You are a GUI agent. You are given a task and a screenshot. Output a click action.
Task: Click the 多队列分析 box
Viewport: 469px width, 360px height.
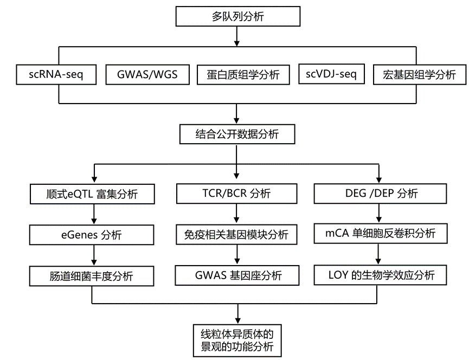[237, 16]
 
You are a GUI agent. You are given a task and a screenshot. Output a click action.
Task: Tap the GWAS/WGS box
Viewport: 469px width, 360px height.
[147, 74]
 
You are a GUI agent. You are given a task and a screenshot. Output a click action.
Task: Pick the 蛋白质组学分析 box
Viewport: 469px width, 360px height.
[239, 75]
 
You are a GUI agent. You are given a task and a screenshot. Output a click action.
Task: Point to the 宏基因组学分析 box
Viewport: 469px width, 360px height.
[420, 75]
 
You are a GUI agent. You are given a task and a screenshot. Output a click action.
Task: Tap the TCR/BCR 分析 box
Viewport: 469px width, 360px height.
[237, 194]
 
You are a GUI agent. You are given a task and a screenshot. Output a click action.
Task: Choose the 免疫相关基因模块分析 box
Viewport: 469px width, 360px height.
[237, 235]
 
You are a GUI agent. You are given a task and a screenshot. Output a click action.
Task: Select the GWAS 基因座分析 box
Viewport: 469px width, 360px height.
[237, 275]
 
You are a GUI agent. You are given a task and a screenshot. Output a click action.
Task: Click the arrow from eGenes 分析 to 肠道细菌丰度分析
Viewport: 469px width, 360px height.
[95, 255]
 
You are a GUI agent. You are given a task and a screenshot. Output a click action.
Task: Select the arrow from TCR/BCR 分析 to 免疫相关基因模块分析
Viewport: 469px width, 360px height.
[237, 214]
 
